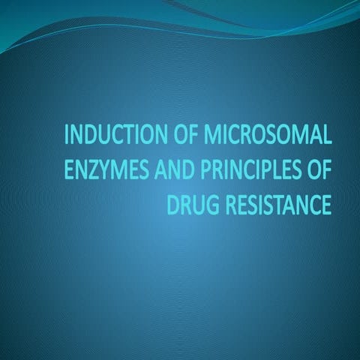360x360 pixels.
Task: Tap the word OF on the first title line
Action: pyautogui.click(x=173, y=136)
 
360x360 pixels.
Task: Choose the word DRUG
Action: pyautogui.click(x=193, y=204)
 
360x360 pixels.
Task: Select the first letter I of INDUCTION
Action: pyautogui.click(x=69, y=136)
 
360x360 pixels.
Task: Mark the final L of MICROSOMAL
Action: pyautogui.click(x=326, y=136)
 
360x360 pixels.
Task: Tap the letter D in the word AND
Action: pyautogui.click(x=185, y=170)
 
